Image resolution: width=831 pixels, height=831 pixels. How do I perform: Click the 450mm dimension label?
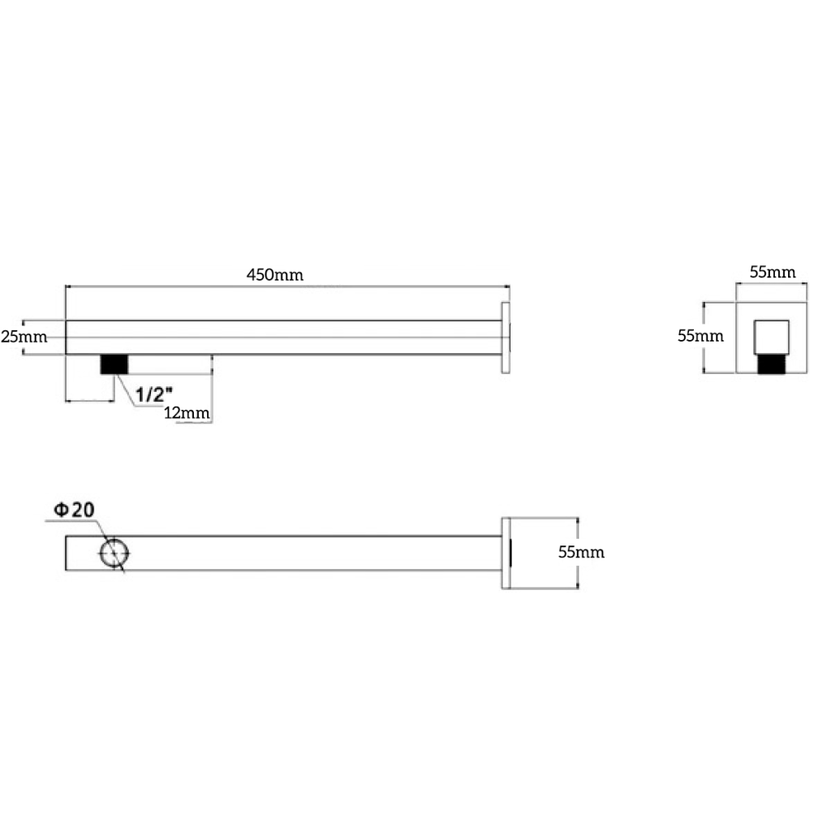(x=275, y=274)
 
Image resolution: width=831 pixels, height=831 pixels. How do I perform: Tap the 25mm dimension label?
(x=24, y=337)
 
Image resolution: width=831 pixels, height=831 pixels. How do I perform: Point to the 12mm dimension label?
(x=187, y=413)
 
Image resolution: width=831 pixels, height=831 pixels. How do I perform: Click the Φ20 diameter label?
(x=75, y=510)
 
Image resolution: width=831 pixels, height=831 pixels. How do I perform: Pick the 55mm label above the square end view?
(x=772, y=272)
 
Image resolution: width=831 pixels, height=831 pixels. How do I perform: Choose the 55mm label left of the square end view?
(x=700, y=334)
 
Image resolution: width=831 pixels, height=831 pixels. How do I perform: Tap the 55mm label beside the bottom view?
(x=581, y=553)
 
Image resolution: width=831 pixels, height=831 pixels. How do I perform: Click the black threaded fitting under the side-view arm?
(x=114, y=364)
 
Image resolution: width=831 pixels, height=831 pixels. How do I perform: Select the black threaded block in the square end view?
(x=772, y=364)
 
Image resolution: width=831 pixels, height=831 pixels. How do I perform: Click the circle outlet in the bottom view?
(x=114, y=553)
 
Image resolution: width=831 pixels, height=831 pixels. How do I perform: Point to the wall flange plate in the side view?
(x=506, y=338)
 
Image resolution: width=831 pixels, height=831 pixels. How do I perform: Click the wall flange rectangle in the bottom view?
(x=506, y=553)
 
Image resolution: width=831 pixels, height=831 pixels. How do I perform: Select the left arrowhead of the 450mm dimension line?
(x=68, y=286)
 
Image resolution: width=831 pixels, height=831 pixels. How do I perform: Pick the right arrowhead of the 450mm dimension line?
(x=506, y=286)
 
